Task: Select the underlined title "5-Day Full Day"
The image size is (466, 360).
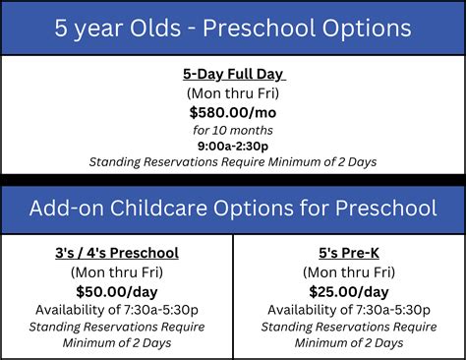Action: [x=233, y=74]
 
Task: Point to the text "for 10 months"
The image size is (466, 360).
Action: [x=233, y=129]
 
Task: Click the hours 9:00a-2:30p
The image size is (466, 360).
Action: [x=233, y=146]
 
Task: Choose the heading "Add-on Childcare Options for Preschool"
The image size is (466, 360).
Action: [x=233, y=209]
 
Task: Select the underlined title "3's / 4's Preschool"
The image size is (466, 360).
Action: [x=117, y=253]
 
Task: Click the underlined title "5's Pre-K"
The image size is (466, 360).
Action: [x=349, y=253]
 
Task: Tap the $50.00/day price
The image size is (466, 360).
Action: [x=117, y=290]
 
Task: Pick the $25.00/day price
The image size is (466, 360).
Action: [x=349, y=290]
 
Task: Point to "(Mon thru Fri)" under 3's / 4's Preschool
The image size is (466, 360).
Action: [x=117, y=271]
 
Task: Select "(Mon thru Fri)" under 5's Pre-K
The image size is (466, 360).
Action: [x=349, y=271]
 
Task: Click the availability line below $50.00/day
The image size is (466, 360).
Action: [x=117, y=309]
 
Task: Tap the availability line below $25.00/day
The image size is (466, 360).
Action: [x=349, y=309]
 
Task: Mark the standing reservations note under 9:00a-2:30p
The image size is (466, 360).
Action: [x=233, y=162]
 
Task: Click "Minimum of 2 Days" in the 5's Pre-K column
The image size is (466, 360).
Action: [x=349, y=342]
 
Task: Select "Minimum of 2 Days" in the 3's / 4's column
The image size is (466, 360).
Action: [x=117, y=342]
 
